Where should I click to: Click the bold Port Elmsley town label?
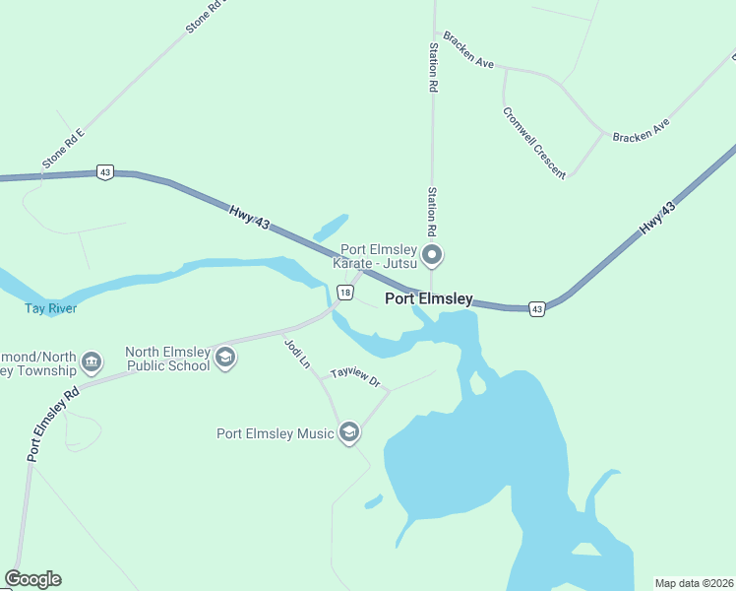[428, 298]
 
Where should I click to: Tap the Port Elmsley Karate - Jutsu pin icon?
[432, 257]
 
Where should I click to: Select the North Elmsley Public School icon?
[224, 358]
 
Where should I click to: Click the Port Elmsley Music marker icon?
[348, 432]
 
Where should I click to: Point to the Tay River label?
[50, 308]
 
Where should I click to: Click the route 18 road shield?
[343, 293]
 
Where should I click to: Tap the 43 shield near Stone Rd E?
[105, 172]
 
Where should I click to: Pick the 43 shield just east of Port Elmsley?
[536, 308]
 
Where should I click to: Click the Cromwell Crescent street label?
[534, 143]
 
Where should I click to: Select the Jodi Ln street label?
[297, 354]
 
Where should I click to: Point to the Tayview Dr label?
[355, 376]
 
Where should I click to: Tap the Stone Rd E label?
[64, 148]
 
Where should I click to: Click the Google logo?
[32, 579]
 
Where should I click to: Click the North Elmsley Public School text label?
[167, 359]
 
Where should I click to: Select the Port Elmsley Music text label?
[276, 433]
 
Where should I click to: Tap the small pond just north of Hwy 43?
[331, 228]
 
